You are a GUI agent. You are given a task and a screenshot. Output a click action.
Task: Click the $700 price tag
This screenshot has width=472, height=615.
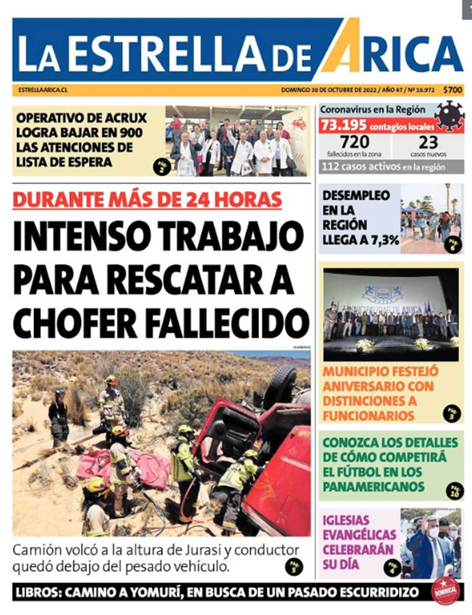[452, 90]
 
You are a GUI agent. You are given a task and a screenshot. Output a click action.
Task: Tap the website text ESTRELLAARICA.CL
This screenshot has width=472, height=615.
[43, 90]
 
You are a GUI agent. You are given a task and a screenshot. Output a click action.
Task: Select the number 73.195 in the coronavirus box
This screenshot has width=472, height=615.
[343, 126]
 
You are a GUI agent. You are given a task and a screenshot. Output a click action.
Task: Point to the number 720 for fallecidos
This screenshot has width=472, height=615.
[354, 142]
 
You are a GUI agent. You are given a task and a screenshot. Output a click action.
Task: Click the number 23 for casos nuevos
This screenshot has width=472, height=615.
[428, 142]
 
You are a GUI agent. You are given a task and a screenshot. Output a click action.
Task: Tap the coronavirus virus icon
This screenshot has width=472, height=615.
[449, 116]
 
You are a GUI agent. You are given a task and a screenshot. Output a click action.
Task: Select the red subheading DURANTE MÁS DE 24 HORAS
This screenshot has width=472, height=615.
[147, 199]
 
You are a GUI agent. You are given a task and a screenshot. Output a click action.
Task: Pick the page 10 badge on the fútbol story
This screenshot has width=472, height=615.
[454, 491]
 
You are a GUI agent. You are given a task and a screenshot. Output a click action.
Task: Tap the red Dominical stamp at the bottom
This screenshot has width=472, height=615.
[446, 591]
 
